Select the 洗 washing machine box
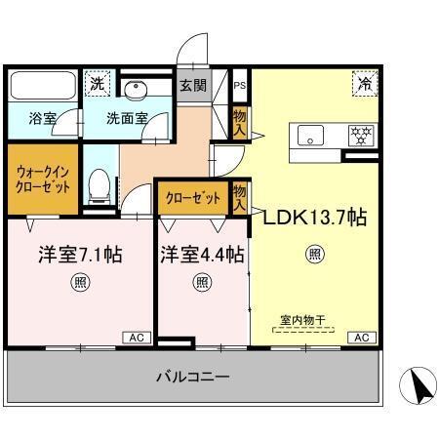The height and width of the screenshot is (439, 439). (97, 84)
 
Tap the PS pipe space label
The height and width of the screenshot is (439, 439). (240, 84)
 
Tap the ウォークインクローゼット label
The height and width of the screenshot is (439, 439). (42, 179)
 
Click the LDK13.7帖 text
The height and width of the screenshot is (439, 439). (314, 218)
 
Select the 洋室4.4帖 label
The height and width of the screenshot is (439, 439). (202, 256)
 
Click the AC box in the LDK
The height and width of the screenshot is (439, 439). (361, 338)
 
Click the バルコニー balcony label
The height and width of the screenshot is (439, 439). (191, 377)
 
